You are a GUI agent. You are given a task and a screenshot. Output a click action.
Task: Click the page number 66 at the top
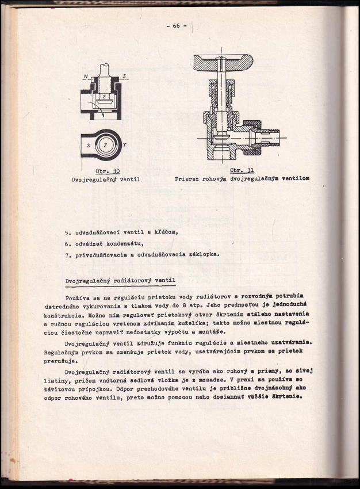point(176,25)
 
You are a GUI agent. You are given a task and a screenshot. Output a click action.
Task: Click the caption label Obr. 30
point(108,171)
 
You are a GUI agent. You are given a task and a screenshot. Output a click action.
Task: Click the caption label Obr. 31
point(242,170)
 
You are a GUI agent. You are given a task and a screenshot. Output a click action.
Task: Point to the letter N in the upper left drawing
point(86,77)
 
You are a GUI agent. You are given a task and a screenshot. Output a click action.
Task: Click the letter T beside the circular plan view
point(124,146)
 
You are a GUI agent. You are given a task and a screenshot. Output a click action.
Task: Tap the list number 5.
point(67,232)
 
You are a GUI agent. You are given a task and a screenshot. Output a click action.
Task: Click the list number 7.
point(67,255)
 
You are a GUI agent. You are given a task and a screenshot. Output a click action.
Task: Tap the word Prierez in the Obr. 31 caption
point(188,179)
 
